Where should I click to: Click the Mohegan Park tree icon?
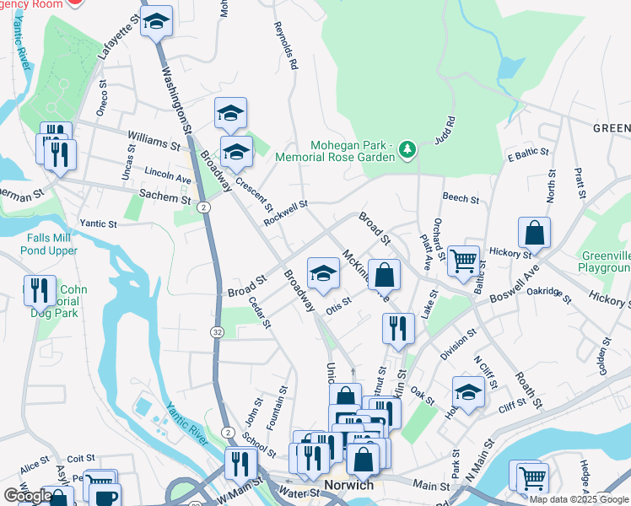(x=408, y=149)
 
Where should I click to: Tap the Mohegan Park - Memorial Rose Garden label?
(x=352, y=150)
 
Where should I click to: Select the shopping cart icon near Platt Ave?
(x=463, y=261)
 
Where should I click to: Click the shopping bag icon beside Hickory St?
(x=534, y=232)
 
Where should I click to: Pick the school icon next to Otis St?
(x=322, y=272)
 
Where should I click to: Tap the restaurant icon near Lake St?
(x=398, y=328)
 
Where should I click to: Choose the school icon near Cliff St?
(x=469, y=391)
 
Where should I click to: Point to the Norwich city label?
(x=348, y=486)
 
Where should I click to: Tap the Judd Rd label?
(x=445, y=133)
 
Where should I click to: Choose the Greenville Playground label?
(x=606, y=262)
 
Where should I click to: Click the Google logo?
(x=28, y=496)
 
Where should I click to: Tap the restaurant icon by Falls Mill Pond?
(x=40, y=290)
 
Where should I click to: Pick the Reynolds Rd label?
(x=286, y=46)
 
